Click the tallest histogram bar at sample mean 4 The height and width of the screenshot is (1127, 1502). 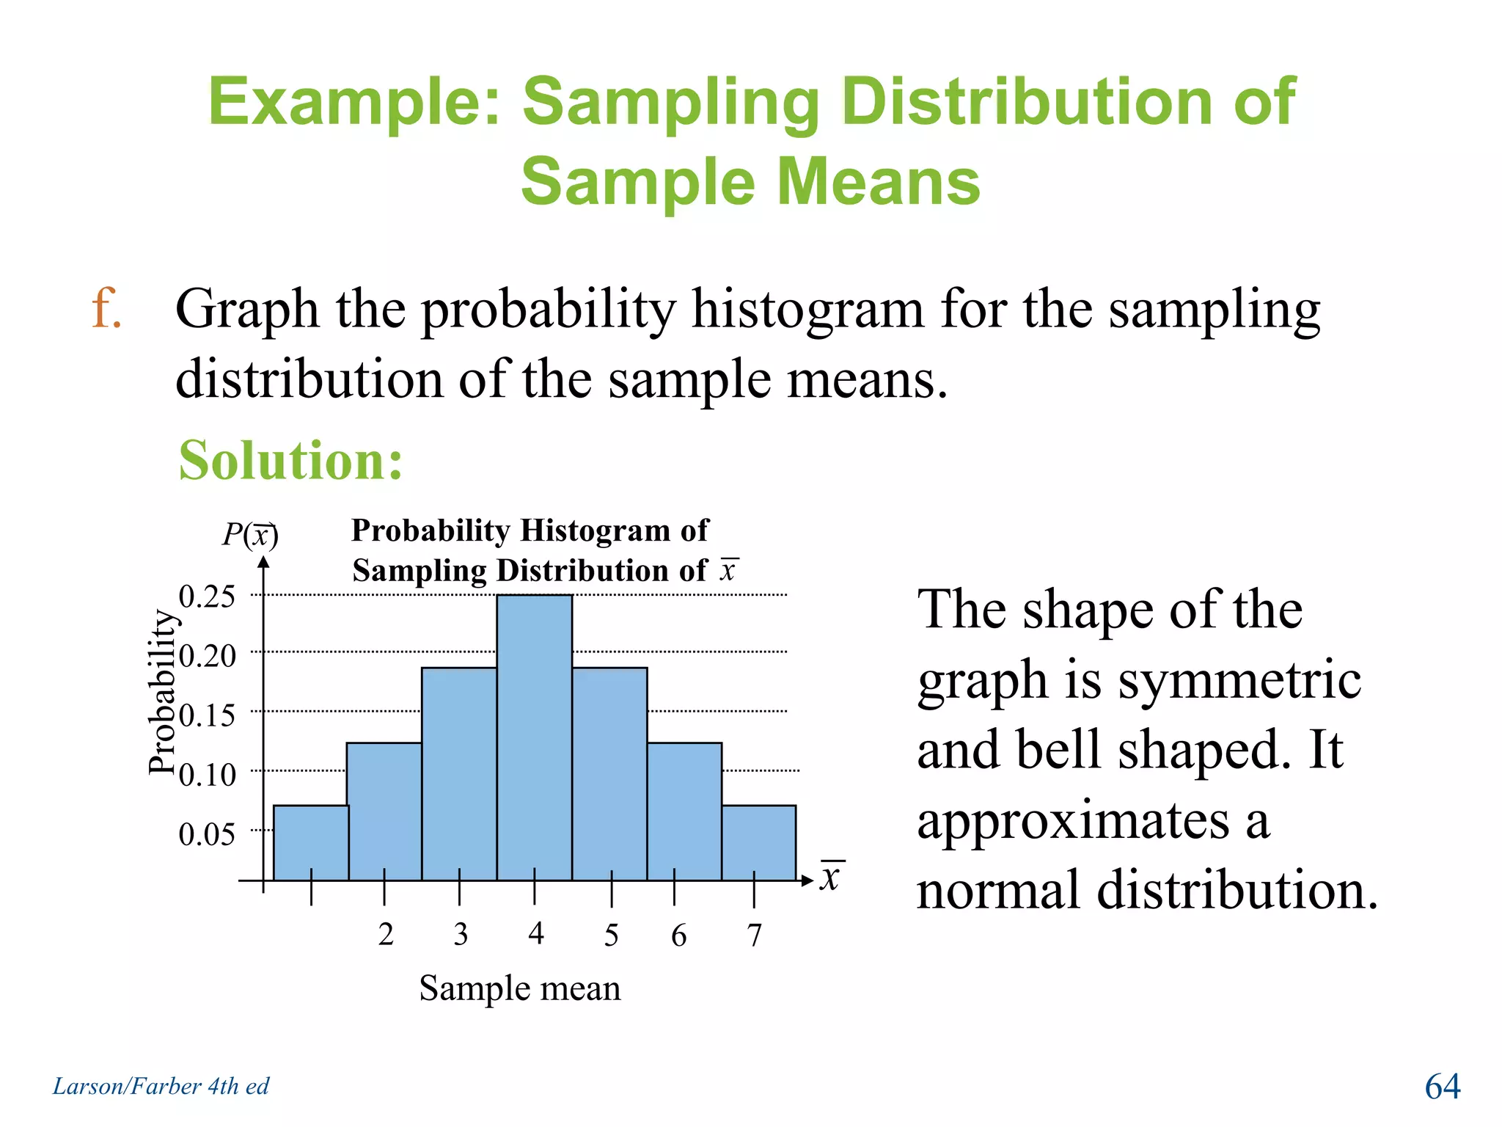[x=534, y=737]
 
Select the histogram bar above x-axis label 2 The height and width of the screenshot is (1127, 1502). [x=384, y=811]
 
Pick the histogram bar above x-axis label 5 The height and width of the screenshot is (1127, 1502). [x=609, y=773]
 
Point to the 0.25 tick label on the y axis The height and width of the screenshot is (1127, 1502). [x=207, y=597]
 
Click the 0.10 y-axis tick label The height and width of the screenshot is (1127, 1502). [x=207, y=775]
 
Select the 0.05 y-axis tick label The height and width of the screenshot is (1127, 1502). [x=207, y=834]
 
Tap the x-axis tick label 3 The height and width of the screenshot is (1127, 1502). [x=461, y=934]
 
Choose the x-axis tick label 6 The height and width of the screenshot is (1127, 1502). [x=679, y=935]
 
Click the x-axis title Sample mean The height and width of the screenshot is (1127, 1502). [x=520, y=988]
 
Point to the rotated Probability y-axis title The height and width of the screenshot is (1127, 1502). [x=163, y=692]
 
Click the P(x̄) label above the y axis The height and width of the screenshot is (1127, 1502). [x=250, y=534]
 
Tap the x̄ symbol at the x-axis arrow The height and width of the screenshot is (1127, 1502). [x=830, y=876]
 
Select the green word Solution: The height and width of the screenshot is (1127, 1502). [x=290, y=460]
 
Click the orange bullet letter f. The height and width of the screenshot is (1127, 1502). [x=106, y=308]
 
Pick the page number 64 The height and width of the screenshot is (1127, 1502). [x=1442, y=1086]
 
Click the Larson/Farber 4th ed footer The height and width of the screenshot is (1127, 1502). [x=161, y=1086]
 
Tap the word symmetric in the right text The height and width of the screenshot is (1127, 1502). [x=1239, y=680]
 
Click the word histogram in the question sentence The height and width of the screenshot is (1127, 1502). [x=807, y=309]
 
